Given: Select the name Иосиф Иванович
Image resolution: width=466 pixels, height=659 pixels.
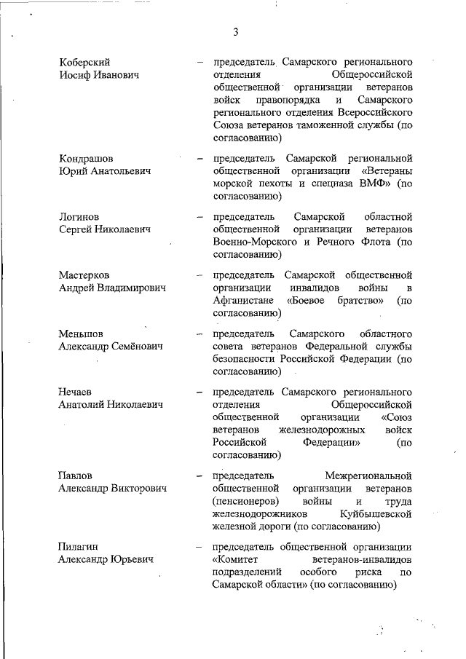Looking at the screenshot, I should [x=99, y=74].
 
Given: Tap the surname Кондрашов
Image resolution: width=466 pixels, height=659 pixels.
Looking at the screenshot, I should [x=86, y=158].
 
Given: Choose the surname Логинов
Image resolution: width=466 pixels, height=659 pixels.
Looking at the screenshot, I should [x=79, y=217].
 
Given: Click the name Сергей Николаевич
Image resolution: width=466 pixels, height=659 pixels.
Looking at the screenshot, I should [x=104, y=229].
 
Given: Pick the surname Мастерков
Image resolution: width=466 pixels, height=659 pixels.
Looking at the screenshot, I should [x=84, y=275].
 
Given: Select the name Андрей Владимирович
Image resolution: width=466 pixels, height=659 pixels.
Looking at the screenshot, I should [x=112, y=288].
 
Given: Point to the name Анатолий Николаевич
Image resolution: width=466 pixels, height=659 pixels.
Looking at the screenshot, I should [x=110, y=405].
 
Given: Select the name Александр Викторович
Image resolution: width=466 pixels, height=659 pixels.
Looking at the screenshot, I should [x=112, y=488].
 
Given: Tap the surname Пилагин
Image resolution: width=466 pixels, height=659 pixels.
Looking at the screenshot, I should [x=79, y=547].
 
